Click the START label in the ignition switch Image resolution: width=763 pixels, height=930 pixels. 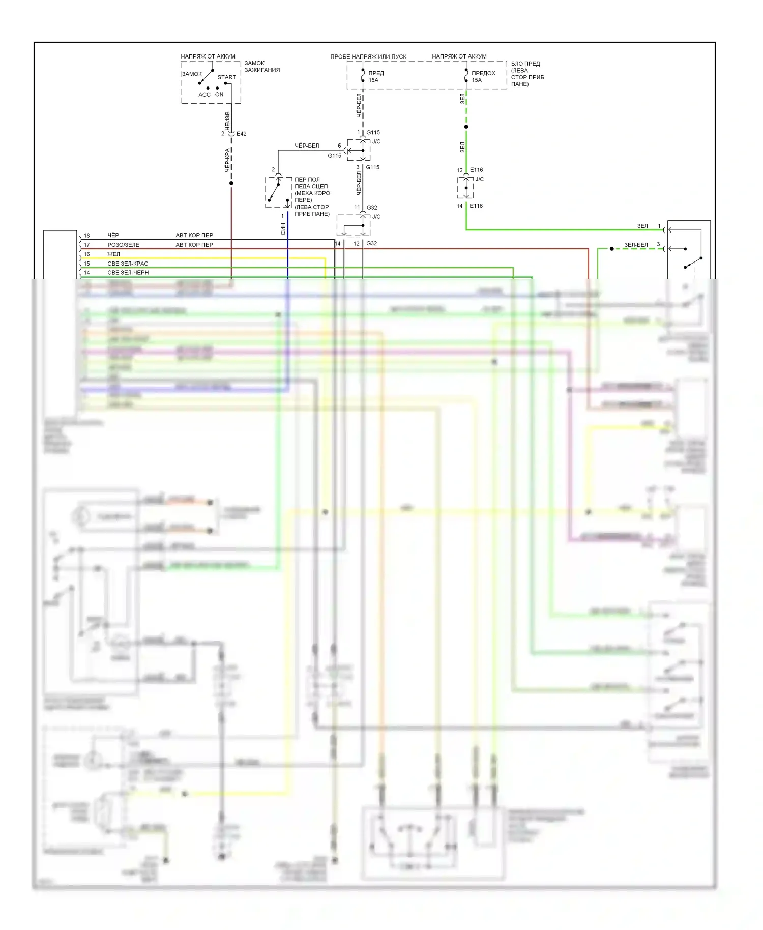[226, 77]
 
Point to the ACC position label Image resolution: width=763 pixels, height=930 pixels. [204, 95]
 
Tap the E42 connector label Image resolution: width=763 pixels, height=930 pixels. [241, 134]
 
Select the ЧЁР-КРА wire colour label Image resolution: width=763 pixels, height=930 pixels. [228, 160]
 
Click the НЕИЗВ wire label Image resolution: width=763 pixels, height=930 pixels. [227, 121]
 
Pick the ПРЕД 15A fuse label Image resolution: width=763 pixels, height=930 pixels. [375, 76]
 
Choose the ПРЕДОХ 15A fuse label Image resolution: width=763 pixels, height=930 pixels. [483, 76]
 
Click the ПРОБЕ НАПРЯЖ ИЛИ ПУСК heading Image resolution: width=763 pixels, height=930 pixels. [368, 56]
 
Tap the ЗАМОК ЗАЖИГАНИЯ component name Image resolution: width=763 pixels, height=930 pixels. [262, 67]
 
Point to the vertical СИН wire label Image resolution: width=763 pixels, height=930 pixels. [283, 229]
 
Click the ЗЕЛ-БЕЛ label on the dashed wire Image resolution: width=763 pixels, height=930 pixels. [636, 245]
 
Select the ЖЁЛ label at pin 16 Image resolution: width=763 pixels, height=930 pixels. [113, 254]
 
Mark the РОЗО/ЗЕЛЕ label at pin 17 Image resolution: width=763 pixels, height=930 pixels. [123, 245]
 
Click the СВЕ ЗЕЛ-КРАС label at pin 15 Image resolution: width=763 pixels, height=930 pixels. [128, 264]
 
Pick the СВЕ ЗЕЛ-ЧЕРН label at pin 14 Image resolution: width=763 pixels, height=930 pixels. [128, 273]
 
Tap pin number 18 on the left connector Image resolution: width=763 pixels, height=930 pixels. [86, 236]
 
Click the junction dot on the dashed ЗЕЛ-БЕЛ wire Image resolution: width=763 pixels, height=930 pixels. [612, 249]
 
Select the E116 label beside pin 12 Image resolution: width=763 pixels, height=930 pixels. [476, 170]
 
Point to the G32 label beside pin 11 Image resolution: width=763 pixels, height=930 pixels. [372, 208]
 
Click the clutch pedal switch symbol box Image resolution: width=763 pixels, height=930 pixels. [278, 192]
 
